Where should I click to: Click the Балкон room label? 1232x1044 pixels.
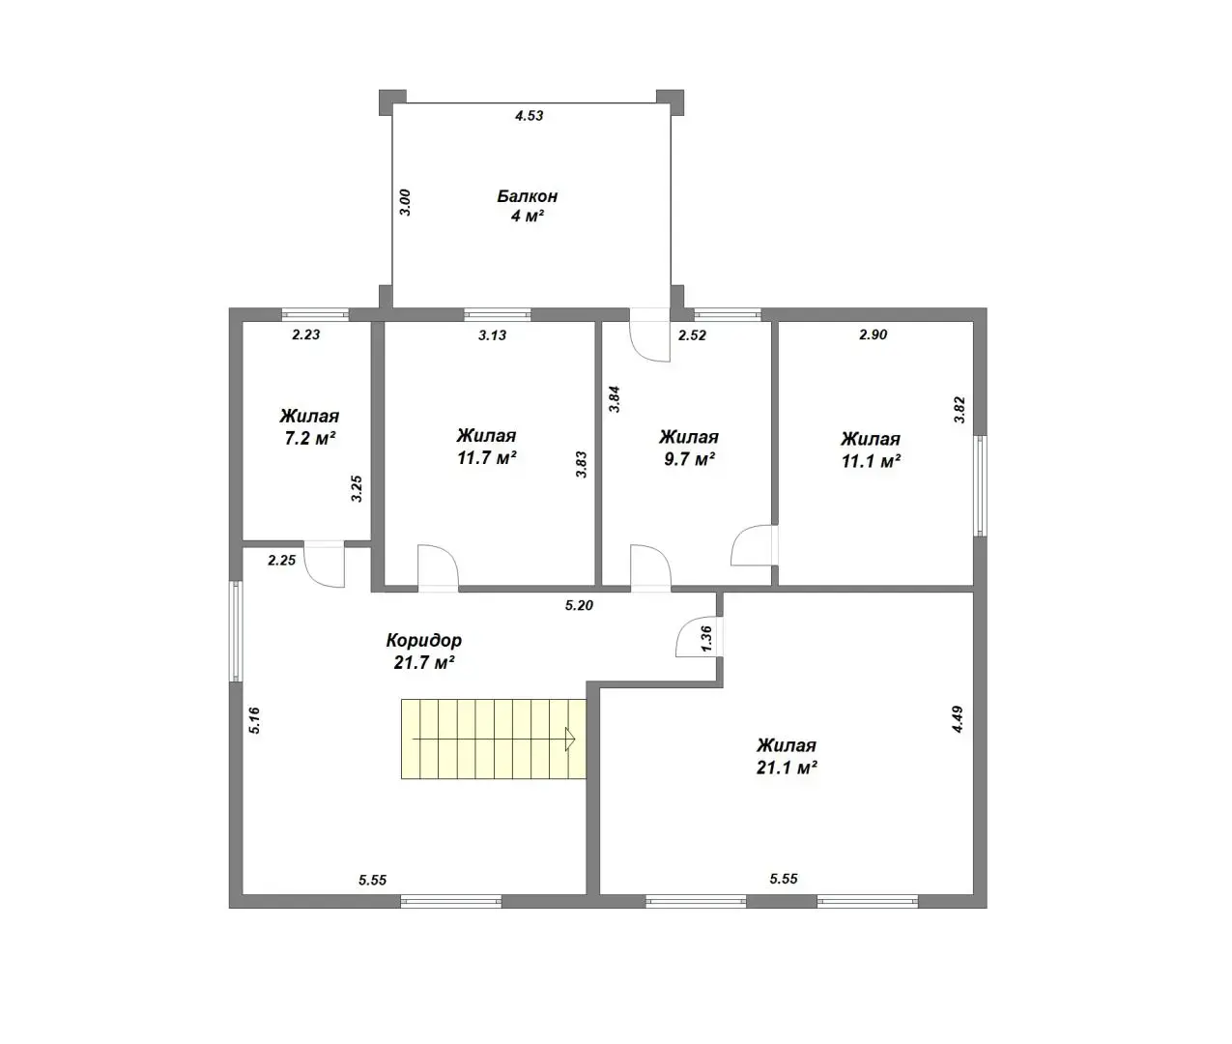[528, 196]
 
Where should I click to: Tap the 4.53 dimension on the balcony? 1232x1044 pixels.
[530, 116]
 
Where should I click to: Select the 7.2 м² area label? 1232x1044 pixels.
[310, 439]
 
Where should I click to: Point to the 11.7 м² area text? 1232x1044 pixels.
[486, 458]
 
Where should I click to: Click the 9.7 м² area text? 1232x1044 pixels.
[689, 460]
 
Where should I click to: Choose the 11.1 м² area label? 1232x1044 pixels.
[871, 461]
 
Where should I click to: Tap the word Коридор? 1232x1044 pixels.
[424, 641]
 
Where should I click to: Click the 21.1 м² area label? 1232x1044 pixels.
[787, 768]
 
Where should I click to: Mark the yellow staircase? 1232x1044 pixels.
[494, 739]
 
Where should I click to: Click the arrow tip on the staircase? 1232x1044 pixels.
[575, 739]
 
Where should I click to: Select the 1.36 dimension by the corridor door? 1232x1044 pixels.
[707, 638]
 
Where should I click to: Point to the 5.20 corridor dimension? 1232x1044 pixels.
[580, 606]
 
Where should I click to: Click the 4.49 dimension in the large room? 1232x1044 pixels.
[958, 719]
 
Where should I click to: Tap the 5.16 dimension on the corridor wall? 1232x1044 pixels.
[254, 720]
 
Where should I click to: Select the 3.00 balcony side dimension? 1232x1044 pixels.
[405, 202]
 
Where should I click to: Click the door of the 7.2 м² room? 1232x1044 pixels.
[325, 564]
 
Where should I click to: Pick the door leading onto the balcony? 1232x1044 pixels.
[650, 335]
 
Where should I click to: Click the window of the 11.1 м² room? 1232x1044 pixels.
[980, 486]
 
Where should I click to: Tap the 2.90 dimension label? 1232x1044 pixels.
[874, 335]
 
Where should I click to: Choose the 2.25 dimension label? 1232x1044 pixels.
[282, 561]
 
